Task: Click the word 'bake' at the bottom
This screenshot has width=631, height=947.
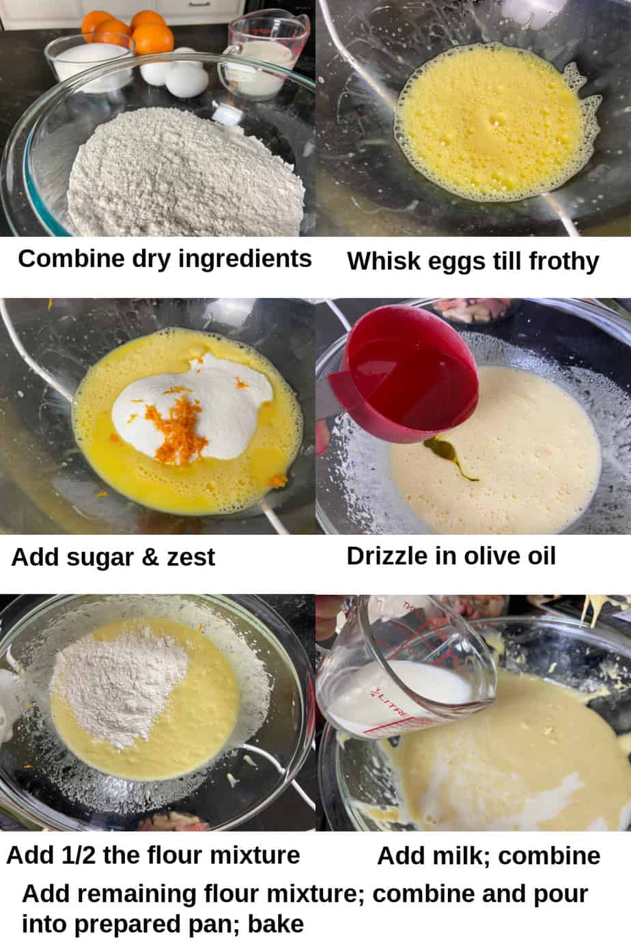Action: click(276, 924)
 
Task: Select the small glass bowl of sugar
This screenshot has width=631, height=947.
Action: click(89, 64)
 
